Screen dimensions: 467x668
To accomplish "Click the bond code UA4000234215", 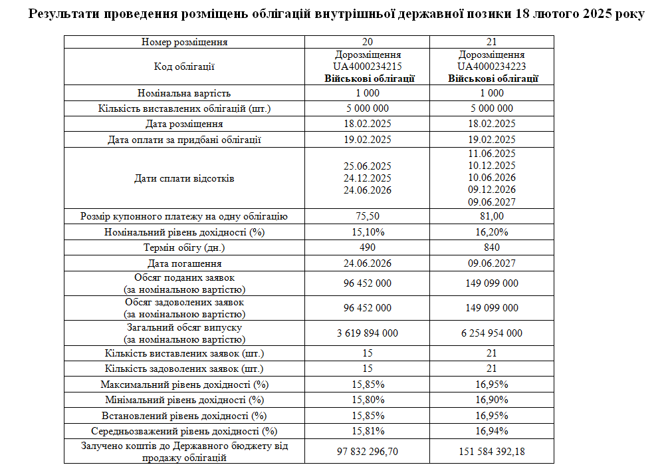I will click(x=368, y=67).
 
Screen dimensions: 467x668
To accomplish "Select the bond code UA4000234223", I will click(x=492, y=67).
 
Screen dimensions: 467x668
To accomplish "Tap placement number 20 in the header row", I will click(x=368, y=42).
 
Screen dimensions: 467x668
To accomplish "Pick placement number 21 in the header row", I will click(x=492, y=42).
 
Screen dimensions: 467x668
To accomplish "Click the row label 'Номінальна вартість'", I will click(x=184, y=93).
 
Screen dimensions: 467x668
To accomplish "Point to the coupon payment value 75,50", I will click(x=368, y=216).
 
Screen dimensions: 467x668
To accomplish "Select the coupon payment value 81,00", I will click(x=492, y=216).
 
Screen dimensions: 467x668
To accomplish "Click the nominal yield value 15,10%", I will click(x=368, y=232).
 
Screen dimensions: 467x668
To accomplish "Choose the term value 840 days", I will click(x=492, y=247).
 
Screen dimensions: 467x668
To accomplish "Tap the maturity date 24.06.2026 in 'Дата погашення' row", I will click(x=368, y=263).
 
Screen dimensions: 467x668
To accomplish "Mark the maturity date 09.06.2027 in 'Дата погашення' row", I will click(x=492, y=263).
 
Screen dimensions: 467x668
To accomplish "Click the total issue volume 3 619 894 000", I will click(x=368, y=333).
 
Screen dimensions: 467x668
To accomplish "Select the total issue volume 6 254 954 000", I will click(x=492, y=333).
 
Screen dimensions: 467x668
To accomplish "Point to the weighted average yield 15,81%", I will click(x=368, y=431).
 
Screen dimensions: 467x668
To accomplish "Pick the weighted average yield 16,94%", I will click(x=492, y=431).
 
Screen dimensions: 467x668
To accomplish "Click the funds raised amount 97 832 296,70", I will click(x=368, y=452).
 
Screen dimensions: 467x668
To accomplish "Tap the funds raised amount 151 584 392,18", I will click(x=492, y=452).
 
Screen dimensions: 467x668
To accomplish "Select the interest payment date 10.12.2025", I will click(x=492, y=166).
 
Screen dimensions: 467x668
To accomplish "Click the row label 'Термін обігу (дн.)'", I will click(x=184, y=247).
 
